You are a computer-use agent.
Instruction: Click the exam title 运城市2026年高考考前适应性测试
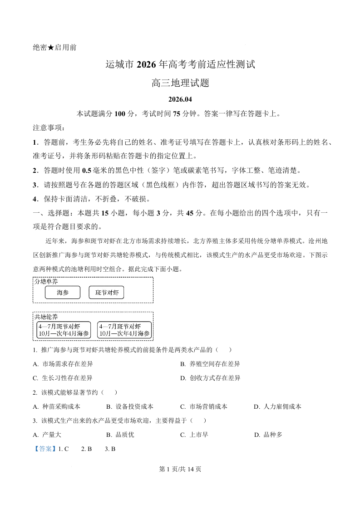[x=180, y=64]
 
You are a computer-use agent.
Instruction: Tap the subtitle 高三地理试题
[x=180, y=83]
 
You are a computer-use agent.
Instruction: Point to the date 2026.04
[x=180, y=99]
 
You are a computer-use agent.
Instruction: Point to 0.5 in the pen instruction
[x=87, y=171]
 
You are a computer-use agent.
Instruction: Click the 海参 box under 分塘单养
[x=63, y=293]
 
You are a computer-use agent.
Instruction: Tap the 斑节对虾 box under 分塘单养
[x=106, y=293]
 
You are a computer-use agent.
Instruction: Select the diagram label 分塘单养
[x=46, y=281]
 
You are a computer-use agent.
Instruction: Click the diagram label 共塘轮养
[x=46, y=316]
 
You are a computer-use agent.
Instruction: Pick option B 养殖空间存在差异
[x=210, y=364]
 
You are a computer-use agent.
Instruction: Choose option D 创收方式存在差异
[x=210, y=378]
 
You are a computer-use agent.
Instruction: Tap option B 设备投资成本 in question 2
[x=130, y=406]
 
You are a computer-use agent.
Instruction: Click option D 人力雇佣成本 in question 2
[x=277, y=406]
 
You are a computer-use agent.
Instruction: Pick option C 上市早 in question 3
[x=194, y=435]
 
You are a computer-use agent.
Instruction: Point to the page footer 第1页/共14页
[x=180, y=469]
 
